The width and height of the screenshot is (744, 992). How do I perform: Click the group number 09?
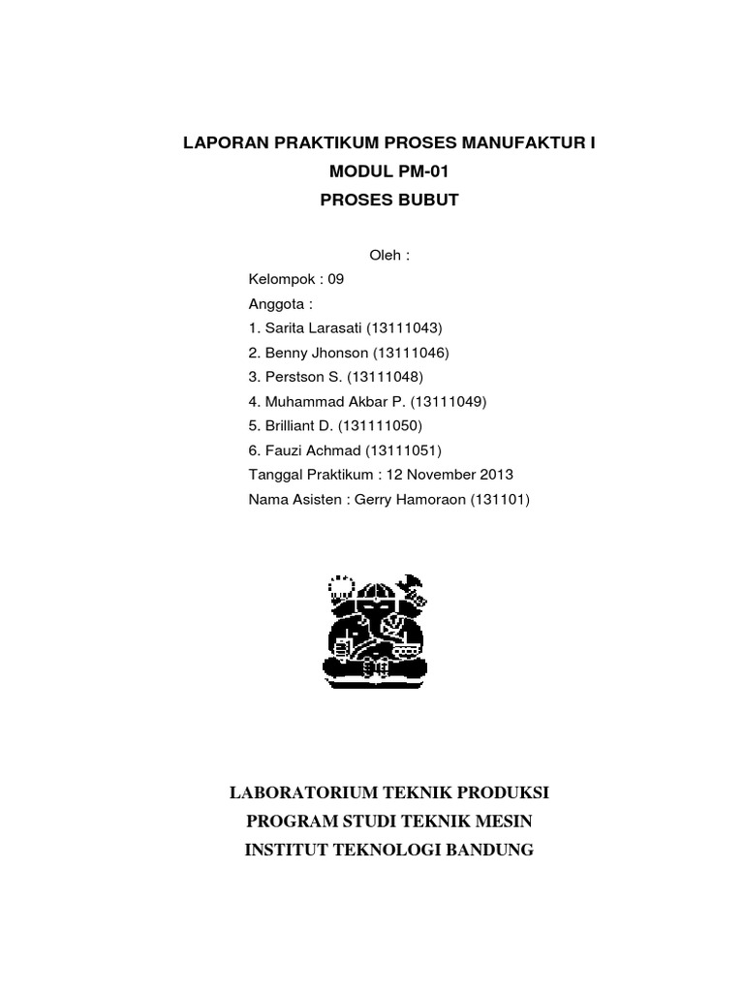coord(335,279)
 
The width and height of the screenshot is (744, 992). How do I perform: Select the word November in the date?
coord(441,475)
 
